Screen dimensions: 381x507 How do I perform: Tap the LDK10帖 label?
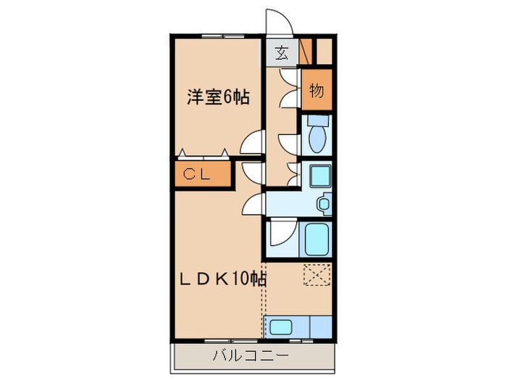(222, 278)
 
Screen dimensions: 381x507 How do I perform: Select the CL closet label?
(196, 174)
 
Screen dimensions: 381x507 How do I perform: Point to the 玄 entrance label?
(281, 52)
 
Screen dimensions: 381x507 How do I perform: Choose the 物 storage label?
(317, 91)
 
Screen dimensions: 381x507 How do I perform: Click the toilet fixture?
(317, 134)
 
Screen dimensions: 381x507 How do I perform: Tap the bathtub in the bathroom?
(317, 239)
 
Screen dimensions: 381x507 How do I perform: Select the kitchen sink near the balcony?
(282, 327)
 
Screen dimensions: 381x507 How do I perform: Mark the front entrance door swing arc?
(279, 22)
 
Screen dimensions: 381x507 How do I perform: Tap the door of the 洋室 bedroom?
(253, 142)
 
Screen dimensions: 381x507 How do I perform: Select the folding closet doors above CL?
(203, 153)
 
